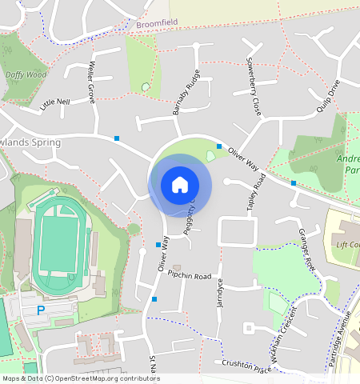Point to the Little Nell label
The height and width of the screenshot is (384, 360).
pos(55,102)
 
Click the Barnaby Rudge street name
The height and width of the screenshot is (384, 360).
pos(186,93)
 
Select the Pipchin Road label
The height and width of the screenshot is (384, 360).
pos(190,275)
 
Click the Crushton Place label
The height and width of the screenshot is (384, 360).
pos(249,365)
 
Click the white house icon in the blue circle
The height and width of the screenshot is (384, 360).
pos(180,185)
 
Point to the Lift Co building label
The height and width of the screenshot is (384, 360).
pos(347,244)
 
